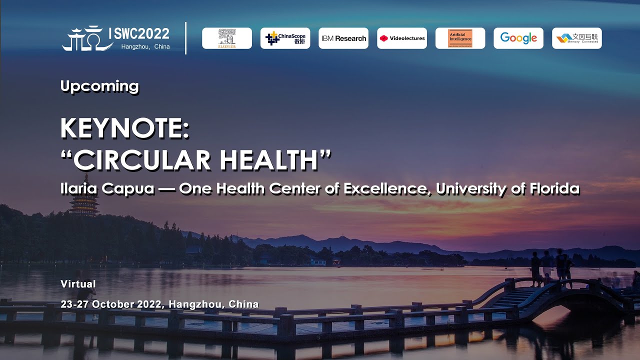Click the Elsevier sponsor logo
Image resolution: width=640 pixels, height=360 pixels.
click(227, 38)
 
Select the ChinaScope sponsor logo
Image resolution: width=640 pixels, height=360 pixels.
click(285, 38)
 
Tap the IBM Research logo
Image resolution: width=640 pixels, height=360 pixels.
click(343, 38)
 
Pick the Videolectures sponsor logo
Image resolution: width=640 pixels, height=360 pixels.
click(402, 38)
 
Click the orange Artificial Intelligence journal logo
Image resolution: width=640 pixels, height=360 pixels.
click(460, 38)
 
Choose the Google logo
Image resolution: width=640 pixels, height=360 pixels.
click(518, 38)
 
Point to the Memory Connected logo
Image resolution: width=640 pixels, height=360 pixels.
click(577, 38)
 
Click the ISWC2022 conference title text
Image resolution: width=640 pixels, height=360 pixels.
click(139, 34)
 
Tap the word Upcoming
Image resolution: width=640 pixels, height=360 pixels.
click(99, 86)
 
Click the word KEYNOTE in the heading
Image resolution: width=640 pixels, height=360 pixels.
click(124, 129)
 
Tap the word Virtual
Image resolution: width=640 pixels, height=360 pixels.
click(78, 284)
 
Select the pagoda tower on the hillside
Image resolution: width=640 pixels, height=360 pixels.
click(83, 197)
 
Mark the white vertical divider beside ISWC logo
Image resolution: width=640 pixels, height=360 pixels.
click(186, 38)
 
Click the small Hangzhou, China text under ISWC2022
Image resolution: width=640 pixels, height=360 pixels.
click(145, 46)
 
